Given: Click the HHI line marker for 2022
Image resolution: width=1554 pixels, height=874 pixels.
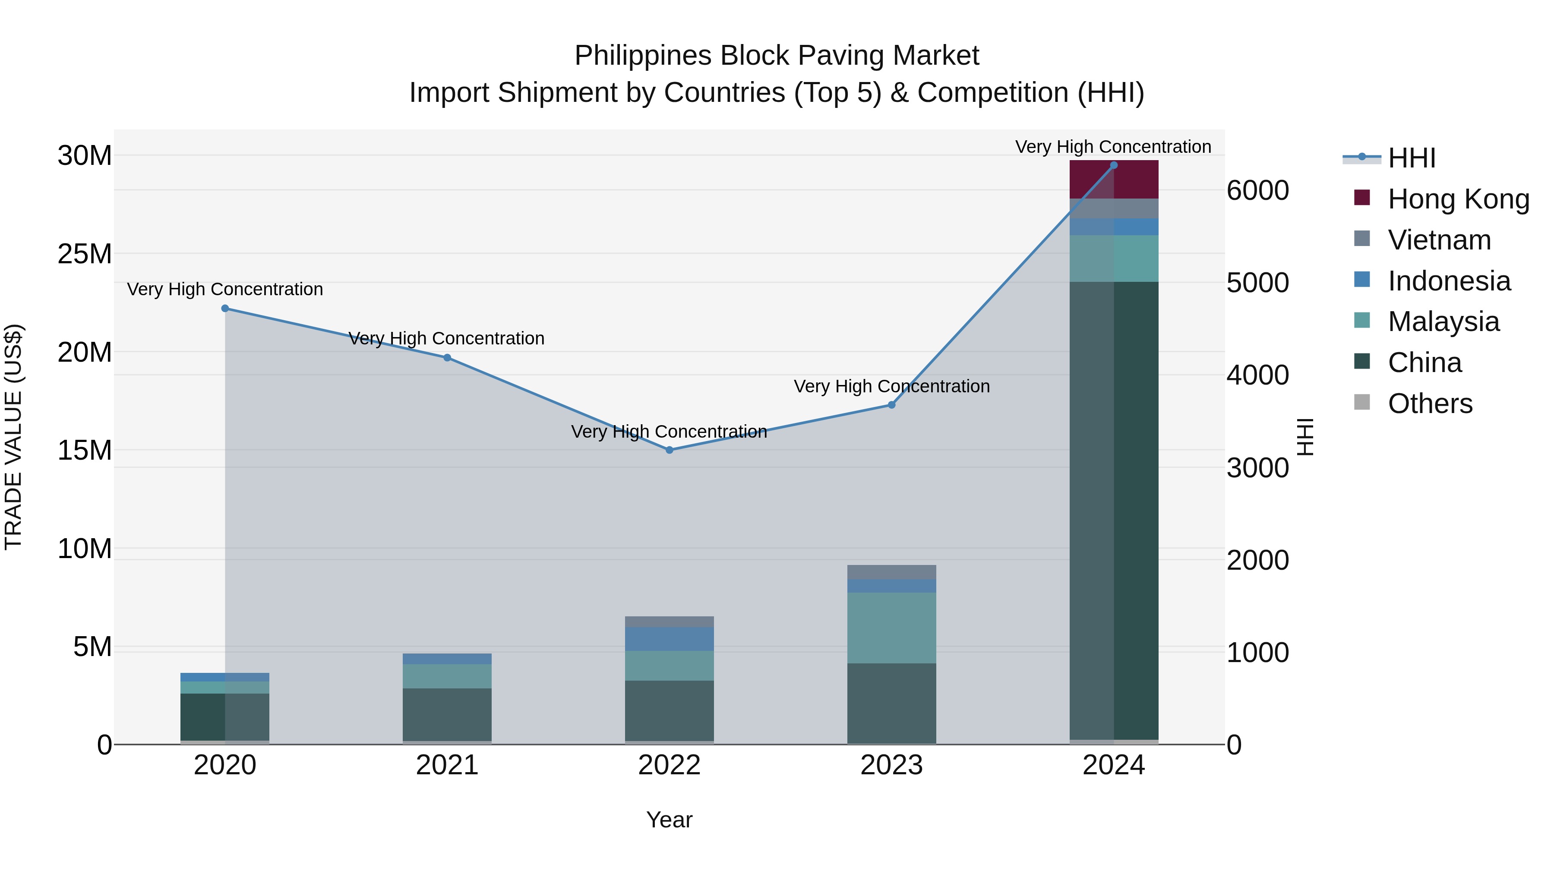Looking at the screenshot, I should tap(669, 450).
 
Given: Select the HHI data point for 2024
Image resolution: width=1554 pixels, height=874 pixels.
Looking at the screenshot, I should tap(1114, 165).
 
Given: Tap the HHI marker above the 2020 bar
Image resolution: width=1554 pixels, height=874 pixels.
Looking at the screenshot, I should tap(225, 308).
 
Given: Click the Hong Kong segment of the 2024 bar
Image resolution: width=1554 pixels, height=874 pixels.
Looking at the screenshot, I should tap(1114, 180).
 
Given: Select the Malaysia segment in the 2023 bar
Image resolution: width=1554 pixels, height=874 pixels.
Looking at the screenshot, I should tap(892, 628).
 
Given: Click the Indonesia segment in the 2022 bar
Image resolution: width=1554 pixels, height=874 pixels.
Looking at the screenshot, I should tap(669, 639).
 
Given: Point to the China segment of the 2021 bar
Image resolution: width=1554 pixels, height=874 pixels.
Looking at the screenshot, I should tap(447, 714).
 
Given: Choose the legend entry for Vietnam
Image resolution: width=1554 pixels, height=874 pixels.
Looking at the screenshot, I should tap(1439, 240).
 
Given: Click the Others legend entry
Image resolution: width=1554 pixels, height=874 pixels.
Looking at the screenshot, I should tap(1430, 404).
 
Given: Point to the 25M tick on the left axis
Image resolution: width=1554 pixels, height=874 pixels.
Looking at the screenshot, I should tap(85, 254).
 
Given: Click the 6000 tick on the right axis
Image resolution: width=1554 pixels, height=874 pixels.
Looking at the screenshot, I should tap(1258, 191).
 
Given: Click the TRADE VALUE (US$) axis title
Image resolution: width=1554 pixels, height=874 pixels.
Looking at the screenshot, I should tap(13, 437).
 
